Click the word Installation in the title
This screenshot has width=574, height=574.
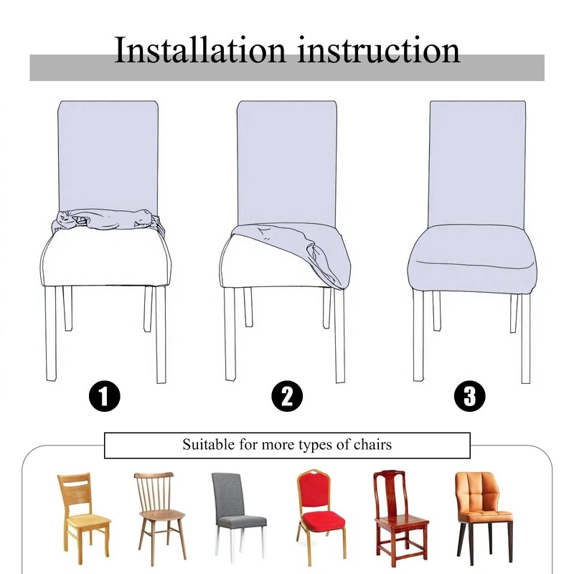[199, 50]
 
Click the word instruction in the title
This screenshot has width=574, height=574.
[379, 50]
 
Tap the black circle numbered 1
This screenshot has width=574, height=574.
[104, 397]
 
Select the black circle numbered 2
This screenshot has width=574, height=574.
[287, 397]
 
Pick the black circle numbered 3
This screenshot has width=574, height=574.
[470, 396]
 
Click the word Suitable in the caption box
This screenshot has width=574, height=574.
[209, 444]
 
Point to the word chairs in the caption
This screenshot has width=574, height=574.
[372, 444]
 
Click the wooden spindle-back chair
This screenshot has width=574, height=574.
[160, 516]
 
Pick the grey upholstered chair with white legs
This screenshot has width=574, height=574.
[238, 517]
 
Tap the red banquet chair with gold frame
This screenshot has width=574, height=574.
[321, 516]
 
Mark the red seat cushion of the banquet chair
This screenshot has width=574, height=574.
[324, 521]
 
